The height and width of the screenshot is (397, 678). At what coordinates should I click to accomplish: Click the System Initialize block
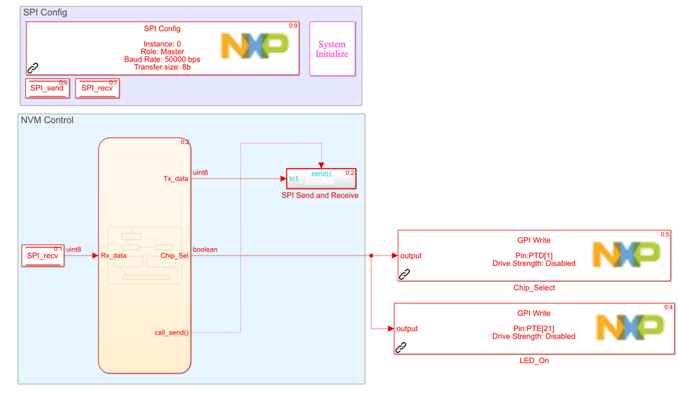[332, 49]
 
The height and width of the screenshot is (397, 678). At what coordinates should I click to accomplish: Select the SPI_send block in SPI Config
[47, 88]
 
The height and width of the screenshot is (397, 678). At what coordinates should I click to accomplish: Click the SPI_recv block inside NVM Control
[43, 256]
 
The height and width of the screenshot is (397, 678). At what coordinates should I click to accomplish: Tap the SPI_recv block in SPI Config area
[97, 88]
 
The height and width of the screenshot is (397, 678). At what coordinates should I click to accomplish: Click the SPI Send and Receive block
[320, 179]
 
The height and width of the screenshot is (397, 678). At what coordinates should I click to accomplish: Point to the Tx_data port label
[176, 179]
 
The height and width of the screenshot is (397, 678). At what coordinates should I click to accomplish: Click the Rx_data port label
[114, 256]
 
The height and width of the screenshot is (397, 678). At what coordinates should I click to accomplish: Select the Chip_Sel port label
[174, 256]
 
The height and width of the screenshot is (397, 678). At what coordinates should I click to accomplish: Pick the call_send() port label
[172, 332]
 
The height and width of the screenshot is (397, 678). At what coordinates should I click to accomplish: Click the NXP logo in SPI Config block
[255, 46]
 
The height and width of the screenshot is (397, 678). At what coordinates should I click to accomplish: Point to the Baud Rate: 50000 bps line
[162, 59]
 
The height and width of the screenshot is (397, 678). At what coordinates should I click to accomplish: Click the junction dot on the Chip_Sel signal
[371, 256]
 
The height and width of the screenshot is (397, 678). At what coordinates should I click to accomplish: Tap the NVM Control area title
[48, 120]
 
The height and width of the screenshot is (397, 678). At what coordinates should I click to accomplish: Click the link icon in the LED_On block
[401, 347]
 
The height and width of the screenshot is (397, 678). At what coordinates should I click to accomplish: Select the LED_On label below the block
[533, 360]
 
